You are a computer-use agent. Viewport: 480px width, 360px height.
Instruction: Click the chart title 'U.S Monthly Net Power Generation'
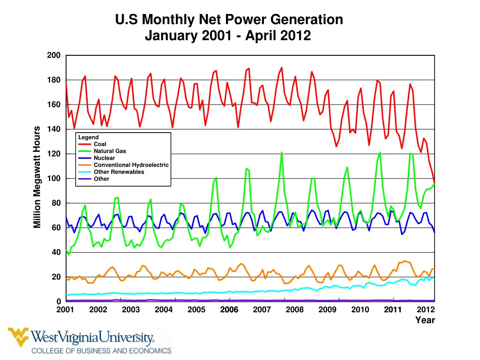(229, 20)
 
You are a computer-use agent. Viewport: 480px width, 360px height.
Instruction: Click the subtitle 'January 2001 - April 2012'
(228, 36)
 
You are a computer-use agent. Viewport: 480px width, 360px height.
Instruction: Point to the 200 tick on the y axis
(54, 55)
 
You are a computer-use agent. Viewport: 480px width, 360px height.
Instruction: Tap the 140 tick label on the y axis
(54, 129)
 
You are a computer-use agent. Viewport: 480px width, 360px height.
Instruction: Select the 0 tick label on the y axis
(58, 301)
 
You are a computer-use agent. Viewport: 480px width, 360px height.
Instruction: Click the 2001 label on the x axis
(65, 310)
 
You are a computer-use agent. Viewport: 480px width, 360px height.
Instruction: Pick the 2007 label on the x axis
(262, 310)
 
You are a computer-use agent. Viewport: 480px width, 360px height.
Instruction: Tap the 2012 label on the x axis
(426, 310)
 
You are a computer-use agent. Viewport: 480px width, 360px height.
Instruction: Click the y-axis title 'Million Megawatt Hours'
(37, 177)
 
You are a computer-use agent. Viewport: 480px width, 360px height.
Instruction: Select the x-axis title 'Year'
(425, 321)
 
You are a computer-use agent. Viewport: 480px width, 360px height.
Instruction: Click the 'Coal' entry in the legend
(100, 144)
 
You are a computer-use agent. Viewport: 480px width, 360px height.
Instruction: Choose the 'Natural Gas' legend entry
(110, 151)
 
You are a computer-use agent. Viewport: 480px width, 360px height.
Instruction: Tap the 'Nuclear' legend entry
(104, 158)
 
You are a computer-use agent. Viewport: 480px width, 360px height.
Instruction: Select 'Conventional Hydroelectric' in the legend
(131, 165)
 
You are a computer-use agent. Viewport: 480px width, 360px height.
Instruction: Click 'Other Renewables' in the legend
(119, 172)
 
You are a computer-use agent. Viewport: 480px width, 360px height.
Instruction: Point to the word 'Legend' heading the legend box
(88, 137)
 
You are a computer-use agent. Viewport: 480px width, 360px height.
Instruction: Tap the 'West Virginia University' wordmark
(93, 337)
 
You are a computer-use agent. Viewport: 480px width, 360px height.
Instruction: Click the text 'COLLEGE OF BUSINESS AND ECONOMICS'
(101, 351)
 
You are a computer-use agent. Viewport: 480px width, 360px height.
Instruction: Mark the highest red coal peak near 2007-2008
(282, 67)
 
